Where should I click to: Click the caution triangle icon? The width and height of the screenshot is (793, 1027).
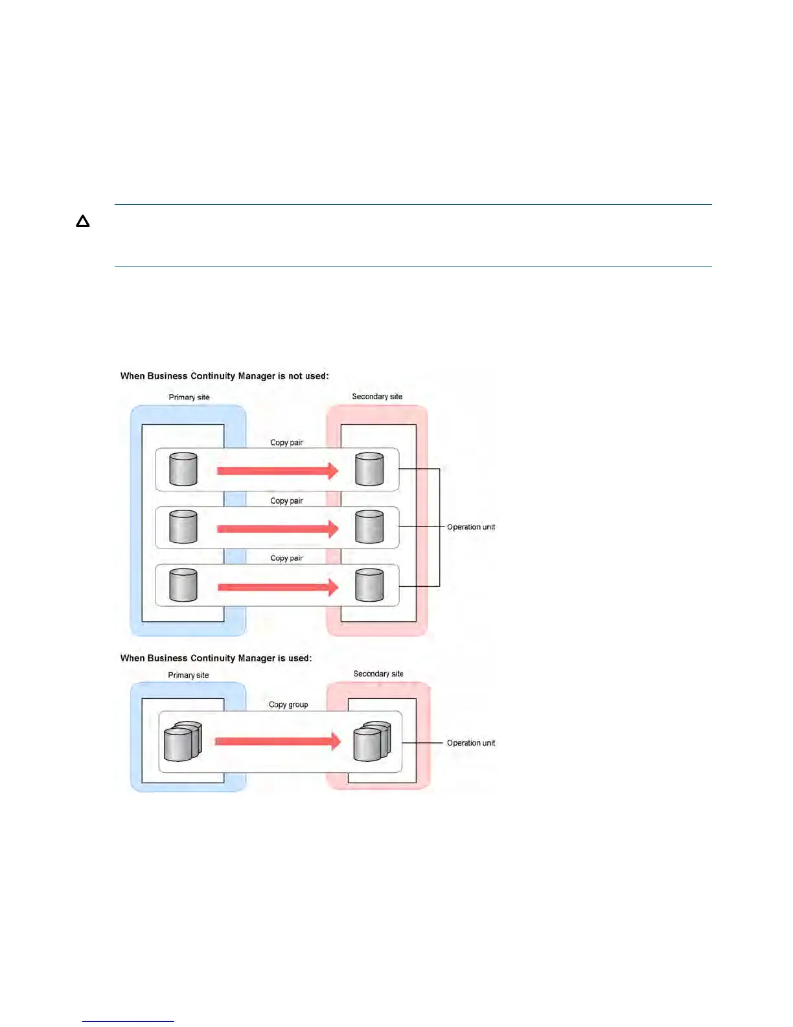point(82,222)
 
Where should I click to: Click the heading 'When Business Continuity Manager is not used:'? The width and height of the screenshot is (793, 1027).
point(224,376)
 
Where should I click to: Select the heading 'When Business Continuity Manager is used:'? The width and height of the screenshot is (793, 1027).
point(216,658)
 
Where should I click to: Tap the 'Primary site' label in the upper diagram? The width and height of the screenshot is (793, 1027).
point(189,397)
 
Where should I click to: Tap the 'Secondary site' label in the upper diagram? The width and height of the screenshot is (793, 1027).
point(377,396)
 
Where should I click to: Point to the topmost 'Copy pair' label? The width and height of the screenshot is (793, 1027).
point(286,443)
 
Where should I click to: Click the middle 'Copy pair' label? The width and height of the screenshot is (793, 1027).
point(286,501)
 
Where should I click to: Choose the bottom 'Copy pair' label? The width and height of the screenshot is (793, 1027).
point(286,558)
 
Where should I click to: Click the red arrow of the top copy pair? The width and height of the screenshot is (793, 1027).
point(277,471)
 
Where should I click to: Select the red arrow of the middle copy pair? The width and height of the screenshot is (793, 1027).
point(277,529)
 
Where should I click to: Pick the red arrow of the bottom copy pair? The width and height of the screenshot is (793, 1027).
point(277,587)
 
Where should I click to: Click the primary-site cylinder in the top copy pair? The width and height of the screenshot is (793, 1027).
point(183,469)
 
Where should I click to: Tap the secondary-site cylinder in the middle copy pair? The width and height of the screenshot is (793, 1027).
point(369,527)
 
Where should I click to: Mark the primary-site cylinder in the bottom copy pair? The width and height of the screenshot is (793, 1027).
point(183,585)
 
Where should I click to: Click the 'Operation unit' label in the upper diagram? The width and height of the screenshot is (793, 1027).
point(471,527)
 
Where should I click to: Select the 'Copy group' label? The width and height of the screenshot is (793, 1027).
point(288,705)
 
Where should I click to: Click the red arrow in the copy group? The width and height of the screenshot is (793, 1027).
point(277,741)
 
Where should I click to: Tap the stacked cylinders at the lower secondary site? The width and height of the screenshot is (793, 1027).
point(372,742)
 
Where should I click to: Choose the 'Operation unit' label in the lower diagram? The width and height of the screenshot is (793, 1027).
point(471,743)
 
